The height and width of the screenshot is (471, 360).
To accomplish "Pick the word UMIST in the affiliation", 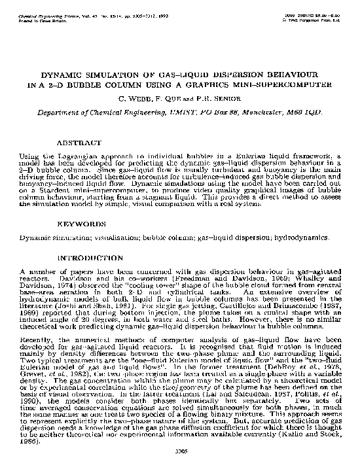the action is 170,112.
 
